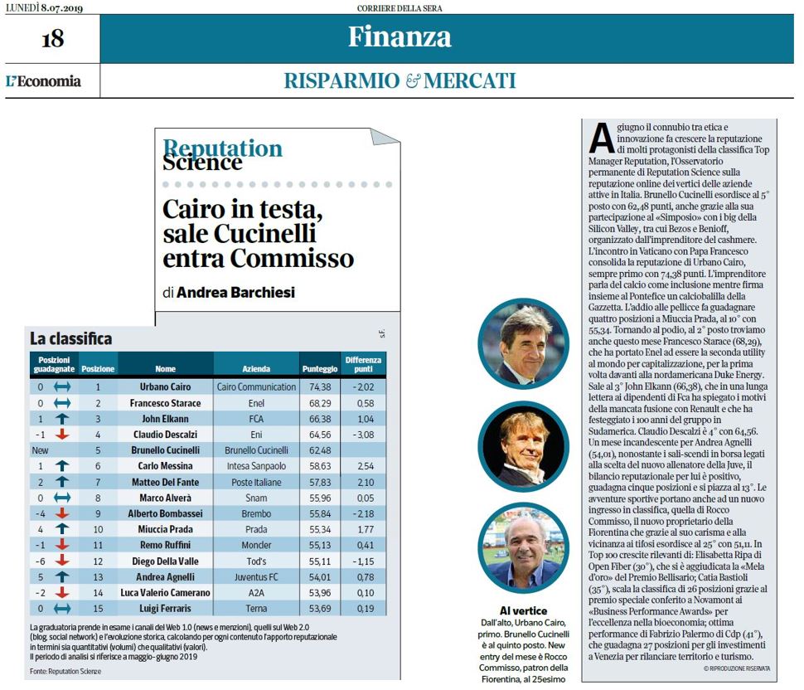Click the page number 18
pyautogui.click(x=53, y=39)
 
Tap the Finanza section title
pyautogui.click(x=400, y=37)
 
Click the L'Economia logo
pyautogui.click(x=44, y=81)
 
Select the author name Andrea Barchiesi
pyautogui.click(x=236, y=293)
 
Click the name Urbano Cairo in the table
pyautogui.click(x=165, y=386)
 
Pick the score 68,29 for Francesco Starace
pyautogui.click(x=320, y=403)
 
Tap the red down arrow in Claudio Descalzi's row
pyautogui.click(x=62, y=435)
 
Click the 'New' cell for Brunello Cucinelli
pyautogui.click(x=40, y=450)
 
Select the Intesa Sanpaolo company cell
pyautogui.click(x=256, y=466)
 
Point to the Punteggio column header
pyautogui.click(x=320, y=369)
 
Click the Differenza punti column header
pyautogui.click(x=363, y=364)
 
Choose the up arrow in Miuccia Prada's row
pyautogui.click(x=62, y=529)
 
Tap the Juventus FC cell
pyautogui.click(x=256, y=577)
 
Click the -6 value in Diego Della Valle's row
pyautogui.click(x=40, y=561)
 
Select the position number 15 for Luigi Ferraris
pyautogui.click(x=98, y=609)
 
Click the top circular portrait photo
pyautogui.click(x=524, y=343)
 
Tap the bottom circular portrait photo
pyautogui.click(x=524, y=548)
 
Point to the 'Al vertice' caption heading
pyautogui.click(x=524, y=610)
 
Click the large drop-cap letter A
pyautogui.click(x=601, y=138)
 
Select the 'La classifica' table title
pyautogui.click(x=70, y=338)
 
